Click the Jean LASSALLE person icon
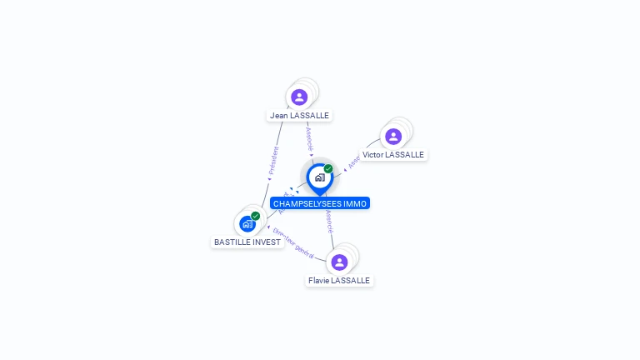click(x=299, y=97)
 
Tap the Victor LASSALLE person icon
click(x=393, y=136)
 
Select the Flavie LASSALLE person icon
click(x=339, y=262)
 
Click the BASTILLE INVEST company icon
click(x=247, y=223)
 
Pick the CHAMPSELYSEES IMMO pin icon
click(x=319, y=177)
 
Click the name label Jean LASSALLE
click(x=299, y=115)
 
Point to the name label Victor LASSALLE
click(x=393, y=155)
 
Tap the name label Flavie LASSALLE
click(x=339, y=281)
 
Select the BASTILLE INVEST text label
click(x=247, y=242)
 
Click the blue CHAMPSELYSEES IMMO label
click(x=319, y=203)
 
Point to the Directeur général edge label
click(x=292, y=242)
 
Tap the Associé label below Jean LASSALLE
click(x=309, y=137)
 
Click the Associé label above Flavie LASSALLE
click(x=330, y=221)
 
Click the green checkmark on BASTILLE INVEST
click(x=256, y=216)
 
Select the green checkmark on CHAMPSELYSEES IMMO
click(x=328, y=169)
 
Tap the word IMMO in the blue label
click(x=355, y=203)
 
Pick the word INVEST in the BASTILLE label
click(x=266, y=242)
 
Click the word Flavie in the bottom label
click(x=318, y=281)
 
